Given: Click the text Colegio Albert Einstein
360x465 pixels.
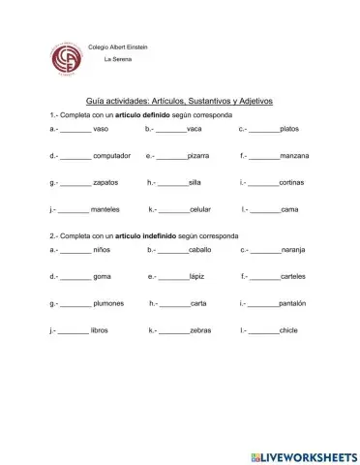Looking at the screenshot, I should (x=118, y=46).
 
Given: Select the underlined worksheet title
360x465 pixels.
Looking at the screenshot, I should (x=180, y=101).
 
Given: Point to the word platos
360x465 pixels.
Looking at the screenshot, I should (x=288, y=129).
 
